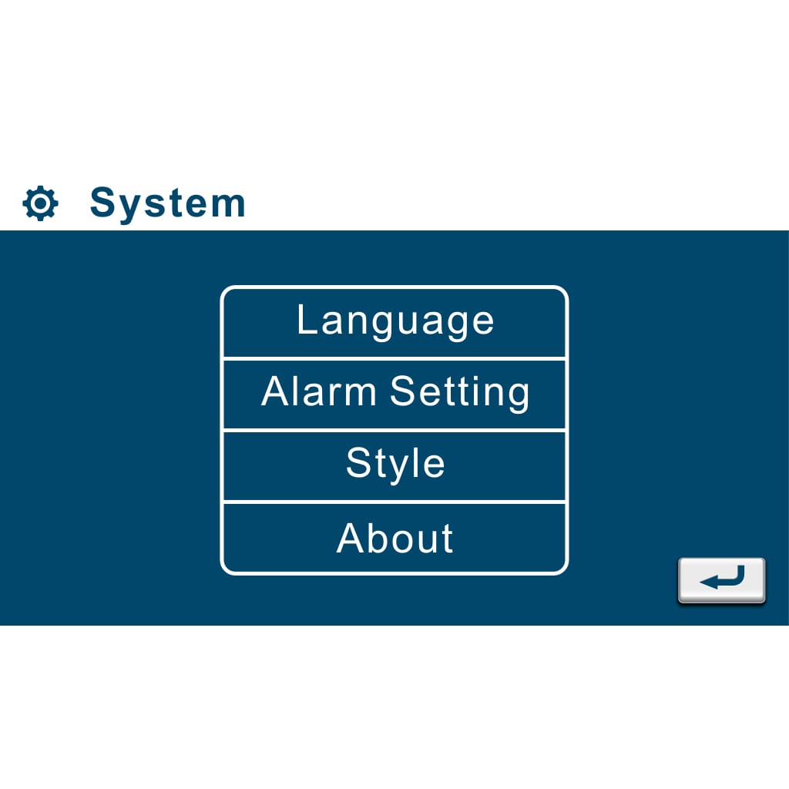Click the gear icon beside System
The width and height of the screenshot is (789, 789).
click(40, 203)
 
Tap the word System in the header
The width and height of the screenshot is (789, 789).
click(167, 203)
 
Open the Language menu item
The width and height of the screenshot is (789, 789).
click(395, 322)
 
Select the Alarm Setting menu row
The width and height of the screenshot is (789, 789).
click(395, 394)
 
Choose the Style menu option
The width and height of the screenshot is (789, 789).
click(395, 466)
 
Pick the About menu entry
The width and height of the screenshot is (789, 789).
click(395, 538)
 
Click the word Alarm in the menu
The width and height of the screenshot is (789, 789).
click(318, 391)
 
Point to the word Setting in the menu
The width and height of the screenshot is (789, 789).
click(460, 394)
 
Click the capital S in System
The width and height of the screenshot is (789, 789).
click(102, 202)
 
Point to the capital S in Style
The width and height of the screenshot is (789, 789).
click(358, 462)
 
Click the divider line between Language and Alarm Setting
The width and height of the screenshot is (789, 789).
click(394, 358)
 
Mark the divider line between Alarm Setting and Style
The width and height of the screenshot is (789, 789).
click(394, 430)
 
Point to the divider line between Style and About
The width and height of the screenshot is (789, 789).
click(394, 502)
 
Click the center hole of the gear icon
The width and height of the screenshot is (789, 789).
click(40, 203)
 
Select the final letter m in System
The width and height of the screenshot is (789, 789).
click(229, 206)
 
